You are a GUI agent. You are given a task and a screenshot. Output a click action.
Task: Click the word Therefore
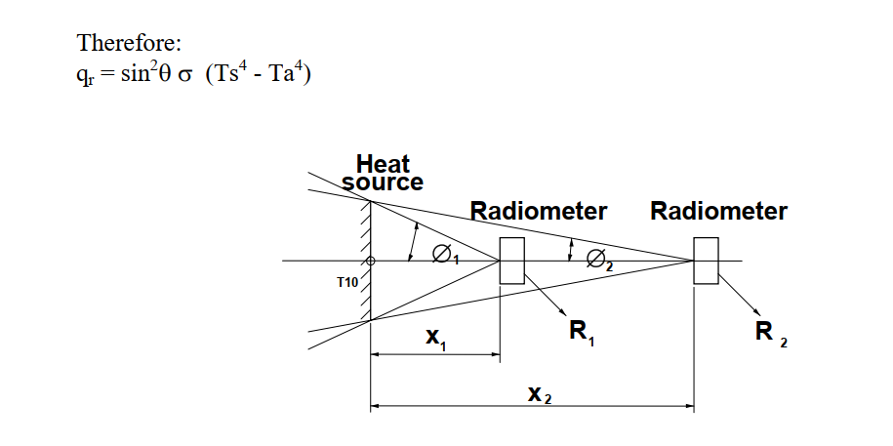click(128, 43)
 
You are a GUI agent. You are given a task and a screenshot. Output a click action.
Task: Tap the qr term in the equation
click(86, 78)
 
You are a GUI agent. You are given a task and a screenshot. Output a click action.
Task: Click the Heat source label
click(383, 173)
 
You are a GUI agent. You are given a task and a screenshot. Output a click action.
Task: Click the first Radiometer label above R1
click(538, 211)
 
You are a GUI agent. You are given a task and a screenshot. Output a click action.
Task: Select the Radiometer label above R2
click(718, 211)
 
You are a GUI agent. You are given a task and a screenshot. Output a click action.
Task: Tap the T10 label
click(347, 282)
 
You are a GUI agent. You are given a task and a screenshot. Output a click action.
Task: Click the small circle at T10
click(371, 262)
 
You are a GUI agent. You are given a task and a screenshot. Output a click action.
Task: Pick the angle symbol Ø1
click(445, 255)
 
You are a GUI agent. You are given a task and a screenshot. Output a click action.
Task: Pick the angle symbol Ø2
click(597, 259)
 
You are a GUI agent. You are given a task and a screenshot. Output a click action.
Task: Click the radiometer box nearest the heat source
click(511, 261)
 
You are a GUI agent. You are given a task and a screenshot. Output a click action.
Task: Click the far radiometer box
click(706, 261)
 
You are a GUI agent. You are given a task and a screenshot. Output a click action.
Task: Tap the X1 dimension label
click(435, 338)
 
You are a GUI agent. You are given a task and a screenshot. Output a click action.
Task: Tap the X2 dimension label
click(538, 395)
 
